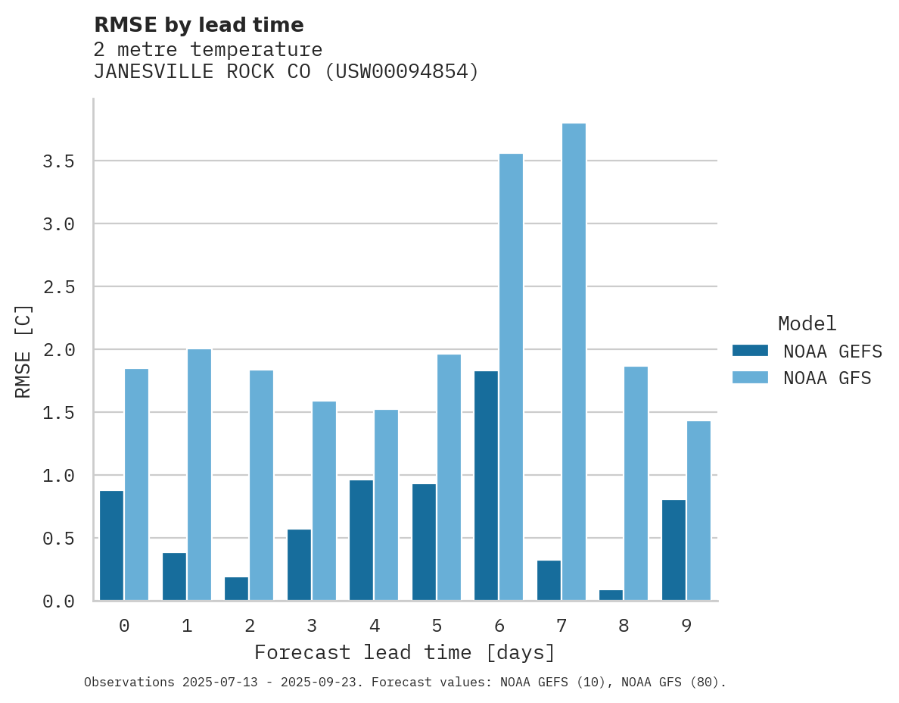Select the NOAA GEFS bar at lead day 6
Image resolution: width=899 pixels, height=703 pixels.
487,486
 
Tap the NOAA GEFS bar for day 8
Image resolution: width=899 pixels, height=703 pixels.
611,595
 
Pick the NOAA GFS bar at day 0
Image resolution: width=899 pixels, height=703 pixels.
136,485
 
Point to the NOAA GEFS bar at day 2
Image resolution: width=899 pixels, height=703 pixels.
236,589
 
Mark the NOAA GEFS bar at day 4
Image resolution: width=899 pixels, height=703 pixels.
361,540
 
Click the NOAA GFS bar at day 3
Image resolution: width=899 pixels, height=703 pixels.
324,501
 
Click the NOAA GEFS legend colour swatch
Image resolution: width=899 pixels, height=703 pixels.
750,351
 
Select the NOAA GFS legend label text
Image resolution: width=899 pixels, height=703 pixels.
827,378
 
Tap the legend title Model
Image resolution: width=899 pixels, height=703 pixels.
807,324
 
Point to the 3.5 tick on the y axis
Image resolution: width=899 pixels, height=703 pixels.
58,161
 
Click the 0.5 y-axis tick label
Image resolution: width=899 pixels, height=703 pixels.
58,539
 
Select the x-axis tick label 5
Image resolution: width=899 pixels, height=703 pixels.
437,626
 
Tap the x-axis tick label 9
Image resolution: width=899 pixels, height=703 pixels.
686,626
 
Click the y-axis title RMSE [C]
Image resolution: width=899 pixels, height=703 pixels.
24,350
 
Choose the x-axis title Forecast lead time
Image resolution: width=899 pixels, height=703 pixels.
405,653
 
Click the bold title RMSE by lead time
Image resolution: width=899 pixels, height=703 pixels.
198,25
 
